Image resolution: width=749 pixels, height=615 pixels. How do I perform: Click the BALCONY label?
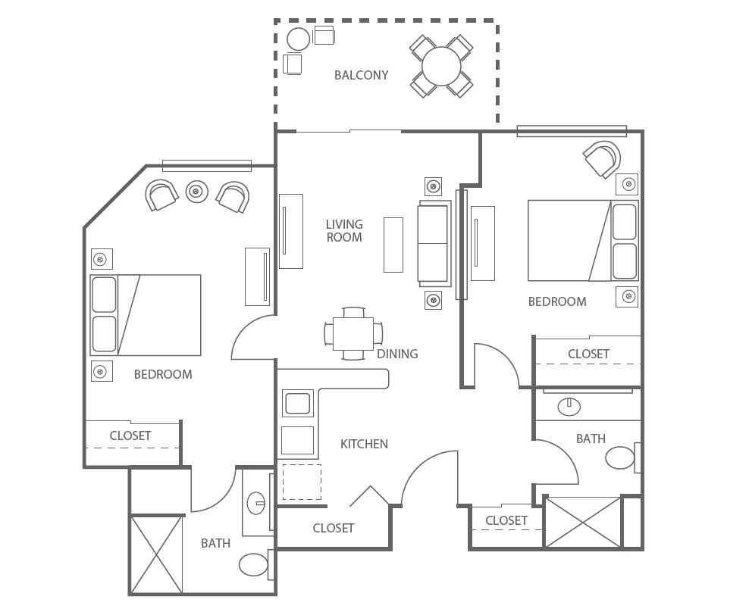click(361, 75)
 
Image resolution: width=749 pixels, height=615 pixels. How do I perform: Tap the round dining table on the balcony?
click(441, 67)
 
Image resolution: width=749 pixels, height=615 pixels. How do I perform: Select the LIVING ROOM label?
click(344, 230)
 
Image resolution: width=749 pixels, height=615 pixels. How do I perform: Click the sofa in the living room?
click(434, 243)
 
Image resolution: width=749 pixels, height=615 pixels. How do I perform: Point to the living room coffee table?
click(393, 245)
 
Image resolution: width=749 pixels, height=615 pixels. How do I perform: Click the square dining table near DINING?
click(353, 333)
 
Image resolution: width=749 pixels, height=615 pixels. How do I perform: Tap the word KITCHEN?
click(364, 444)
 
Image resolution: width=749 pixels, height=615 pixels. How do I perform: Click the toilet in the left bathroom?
click(254, 564)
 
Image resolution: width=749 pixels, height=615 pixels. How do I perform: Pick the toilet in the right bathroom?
click(621, 457)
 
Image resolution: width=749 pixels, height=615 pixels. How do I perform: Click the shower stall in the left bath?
click(157, 555)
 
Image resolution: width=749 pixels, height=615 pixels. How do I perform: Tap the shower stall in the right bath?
click(583, 522)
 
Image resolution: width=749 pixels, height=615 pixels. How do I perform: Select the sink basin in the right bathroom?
click(569, 407)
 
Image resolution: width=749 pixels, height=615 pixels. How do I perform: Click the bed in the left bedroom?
click(146, 315)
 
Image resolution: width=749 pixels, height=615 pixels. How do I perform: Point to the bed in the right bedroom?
click(583, 240)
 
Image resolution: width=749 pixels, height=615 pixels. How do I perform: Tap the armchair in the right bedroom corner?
click(602, 159)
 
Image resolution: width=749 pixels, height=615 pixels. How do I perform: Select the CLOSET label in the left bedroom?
click(130, 435)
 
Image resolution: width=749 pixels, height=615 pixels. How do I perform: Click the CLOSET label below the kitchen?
click(334, 528)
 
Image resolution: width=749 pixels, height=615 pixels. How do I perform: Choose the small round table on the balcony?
click(299, 39)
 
